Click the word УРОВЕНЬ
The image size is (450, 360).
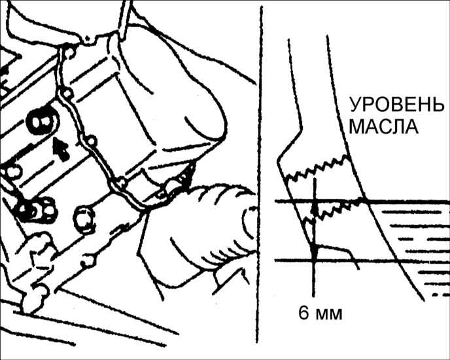pos(396,105)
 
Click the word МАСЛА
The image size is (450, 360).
pos(384,127)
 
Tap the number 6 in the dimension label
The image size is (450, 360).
pos(304,313)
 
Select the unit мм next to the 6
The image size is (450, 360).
pos(329,315)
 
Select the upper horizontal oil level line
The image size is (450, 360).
pos(362,201)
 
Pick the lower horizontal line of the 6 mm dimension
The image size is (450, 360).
pos(362,261)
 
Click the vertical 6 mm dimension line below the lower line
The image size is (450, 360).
pos(314,279)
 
